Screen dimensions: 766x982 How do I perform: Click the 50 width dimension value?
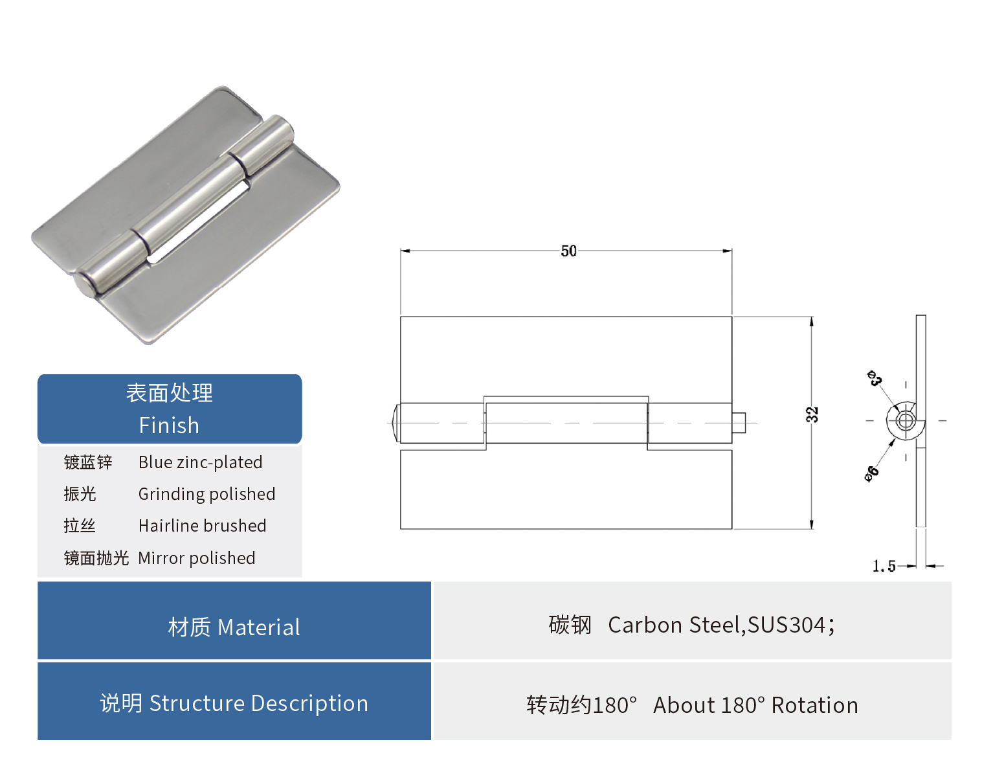(x=568, y=251)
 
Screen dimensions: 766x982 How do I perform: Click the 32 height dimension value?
(x=812, y=414)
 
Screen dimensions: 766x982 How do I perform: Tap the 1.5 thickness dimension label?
(x=884, y=567)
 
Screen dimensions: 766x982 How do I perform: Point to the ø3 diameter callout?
(x=875, y=378)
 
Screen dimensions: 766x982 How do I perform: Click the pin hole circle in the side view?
(x=905, y=422)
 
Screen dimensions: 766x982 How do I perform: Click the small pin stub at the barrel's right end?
(x=739, y=423)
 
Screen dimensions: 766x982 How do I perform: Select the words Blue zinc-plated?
(x=200, y=462)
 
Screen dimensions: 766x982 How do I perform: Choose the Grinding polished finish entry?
(x=206, y=494)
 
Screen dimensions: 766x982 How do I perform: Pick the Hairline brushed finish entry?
(x=202, y=526)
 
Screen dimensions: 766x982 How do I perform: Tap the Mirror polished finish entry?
(x=196, y=558)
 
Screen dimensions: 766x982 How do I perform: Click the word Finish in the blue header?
(x=169, y=425)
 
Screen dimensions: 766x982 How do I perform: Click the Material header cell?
(x=234, y=627)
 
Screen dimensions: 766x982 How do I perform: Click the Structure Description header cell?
(x=234, y=703)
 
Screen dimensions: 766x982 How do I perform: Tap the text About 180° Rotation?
(x=755, y=705)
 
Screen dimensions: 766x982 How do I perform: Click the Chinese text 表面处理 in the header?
(x=169, y=393)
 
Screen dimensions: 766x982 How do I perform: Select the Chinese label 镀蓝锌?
(x=88, y=462)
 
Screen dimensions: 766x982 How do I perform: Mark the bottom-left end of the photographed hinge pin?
(x=83, y=286)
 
